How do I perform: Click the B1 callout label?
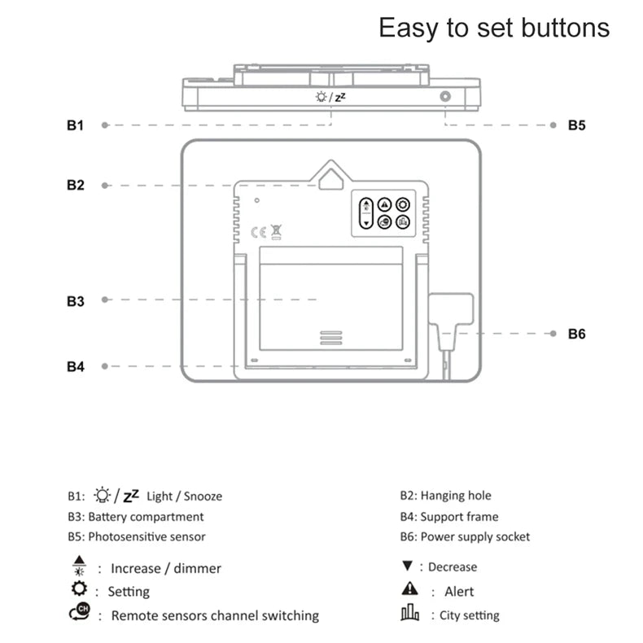(x=75, y=125)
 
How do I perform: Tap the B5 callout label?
(x=576, y=125)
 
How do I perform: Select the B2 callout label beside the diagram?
(x=75, y=186)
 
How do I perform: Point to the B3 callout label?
(x=75, y=301)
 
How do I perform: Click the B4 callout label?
(x=75, y=367)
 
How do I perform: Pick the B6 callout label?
(x=576, y=334)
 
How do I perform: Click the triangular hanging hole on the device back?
(x=330, y=177)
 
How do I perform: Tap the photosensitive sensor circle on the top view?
(x=445, y=97)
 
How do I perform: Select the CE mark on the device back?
(x=256, y=230)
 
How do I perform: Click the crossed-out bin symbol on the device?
(x=276, y=231)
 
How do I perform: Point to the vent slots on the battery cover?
(x=330, y=338)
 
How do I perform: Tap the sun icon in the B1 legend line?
(x=102, y=495)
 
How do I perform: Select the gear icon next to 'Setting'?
(x=79, y=589)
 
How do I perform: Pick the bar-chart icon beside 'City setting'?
(x=409, y=614)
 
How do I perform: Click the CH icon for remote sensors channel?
(x=80, y=614)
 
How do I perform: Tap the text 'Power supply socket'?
(x=475, y=536)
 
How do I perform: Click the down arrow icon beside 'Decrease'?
(x=408, y=566)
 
